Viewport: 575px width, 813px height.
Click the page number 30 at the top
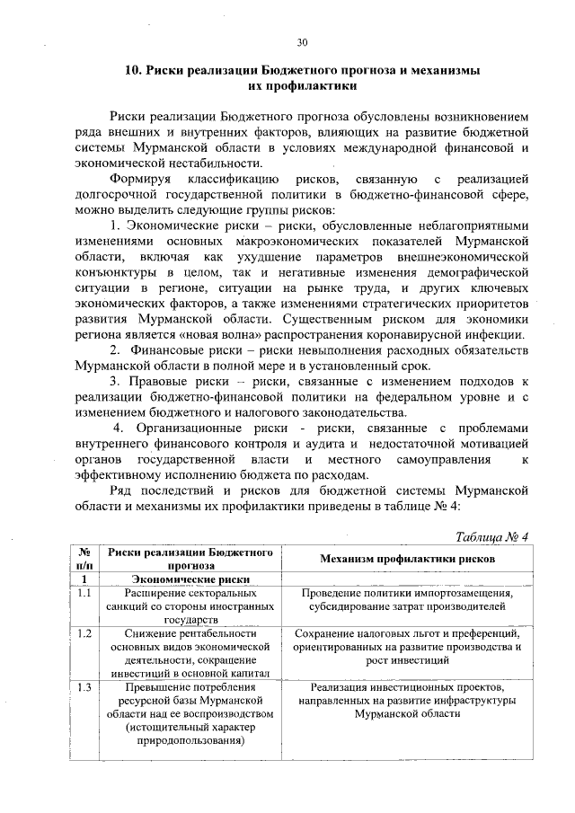pos(302,42)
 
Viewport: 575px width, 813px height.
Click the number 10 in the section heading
pos(128,70)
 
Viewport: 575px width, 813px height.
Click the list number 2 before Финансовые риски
pos(115,349)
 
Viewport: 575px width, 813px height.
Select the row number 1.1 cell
pos(83,594)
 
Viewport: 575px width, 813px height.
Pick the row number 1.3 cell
pos(83,688)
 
